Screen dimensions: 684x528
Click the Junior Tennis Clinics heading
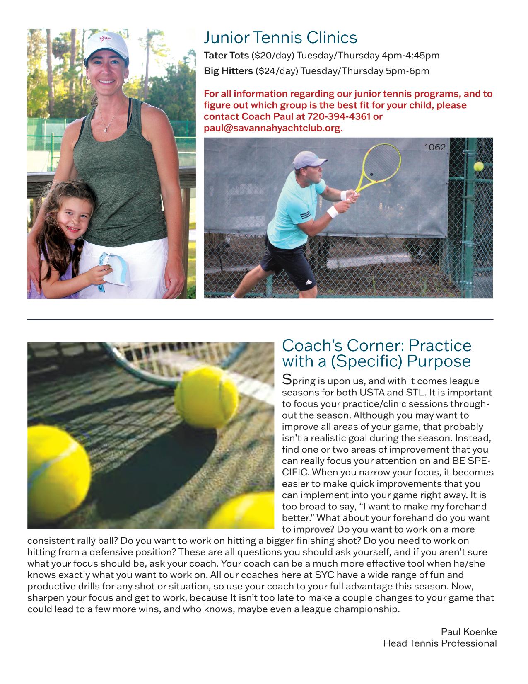click(x=280, y=38)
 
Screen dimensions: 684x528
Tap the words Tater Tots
click(x=226, y=56)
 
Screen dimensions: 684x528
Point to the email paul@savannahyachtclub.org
click(x=273, y=128)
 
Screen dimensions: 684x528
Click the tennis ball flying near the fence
click(x=478, y=166)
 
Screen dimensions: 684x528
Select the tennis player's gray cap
click(x=304, y=159)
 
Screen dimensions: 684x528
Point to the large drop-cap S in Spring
click(x=286, y=379)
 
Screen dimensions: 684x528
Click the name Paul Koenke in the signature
click(x=468, y=632)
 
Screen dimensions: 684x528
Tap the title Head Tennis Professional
click(x=439, y=643)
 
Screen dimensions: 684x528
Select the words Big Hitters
click(x=228, y=71)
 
